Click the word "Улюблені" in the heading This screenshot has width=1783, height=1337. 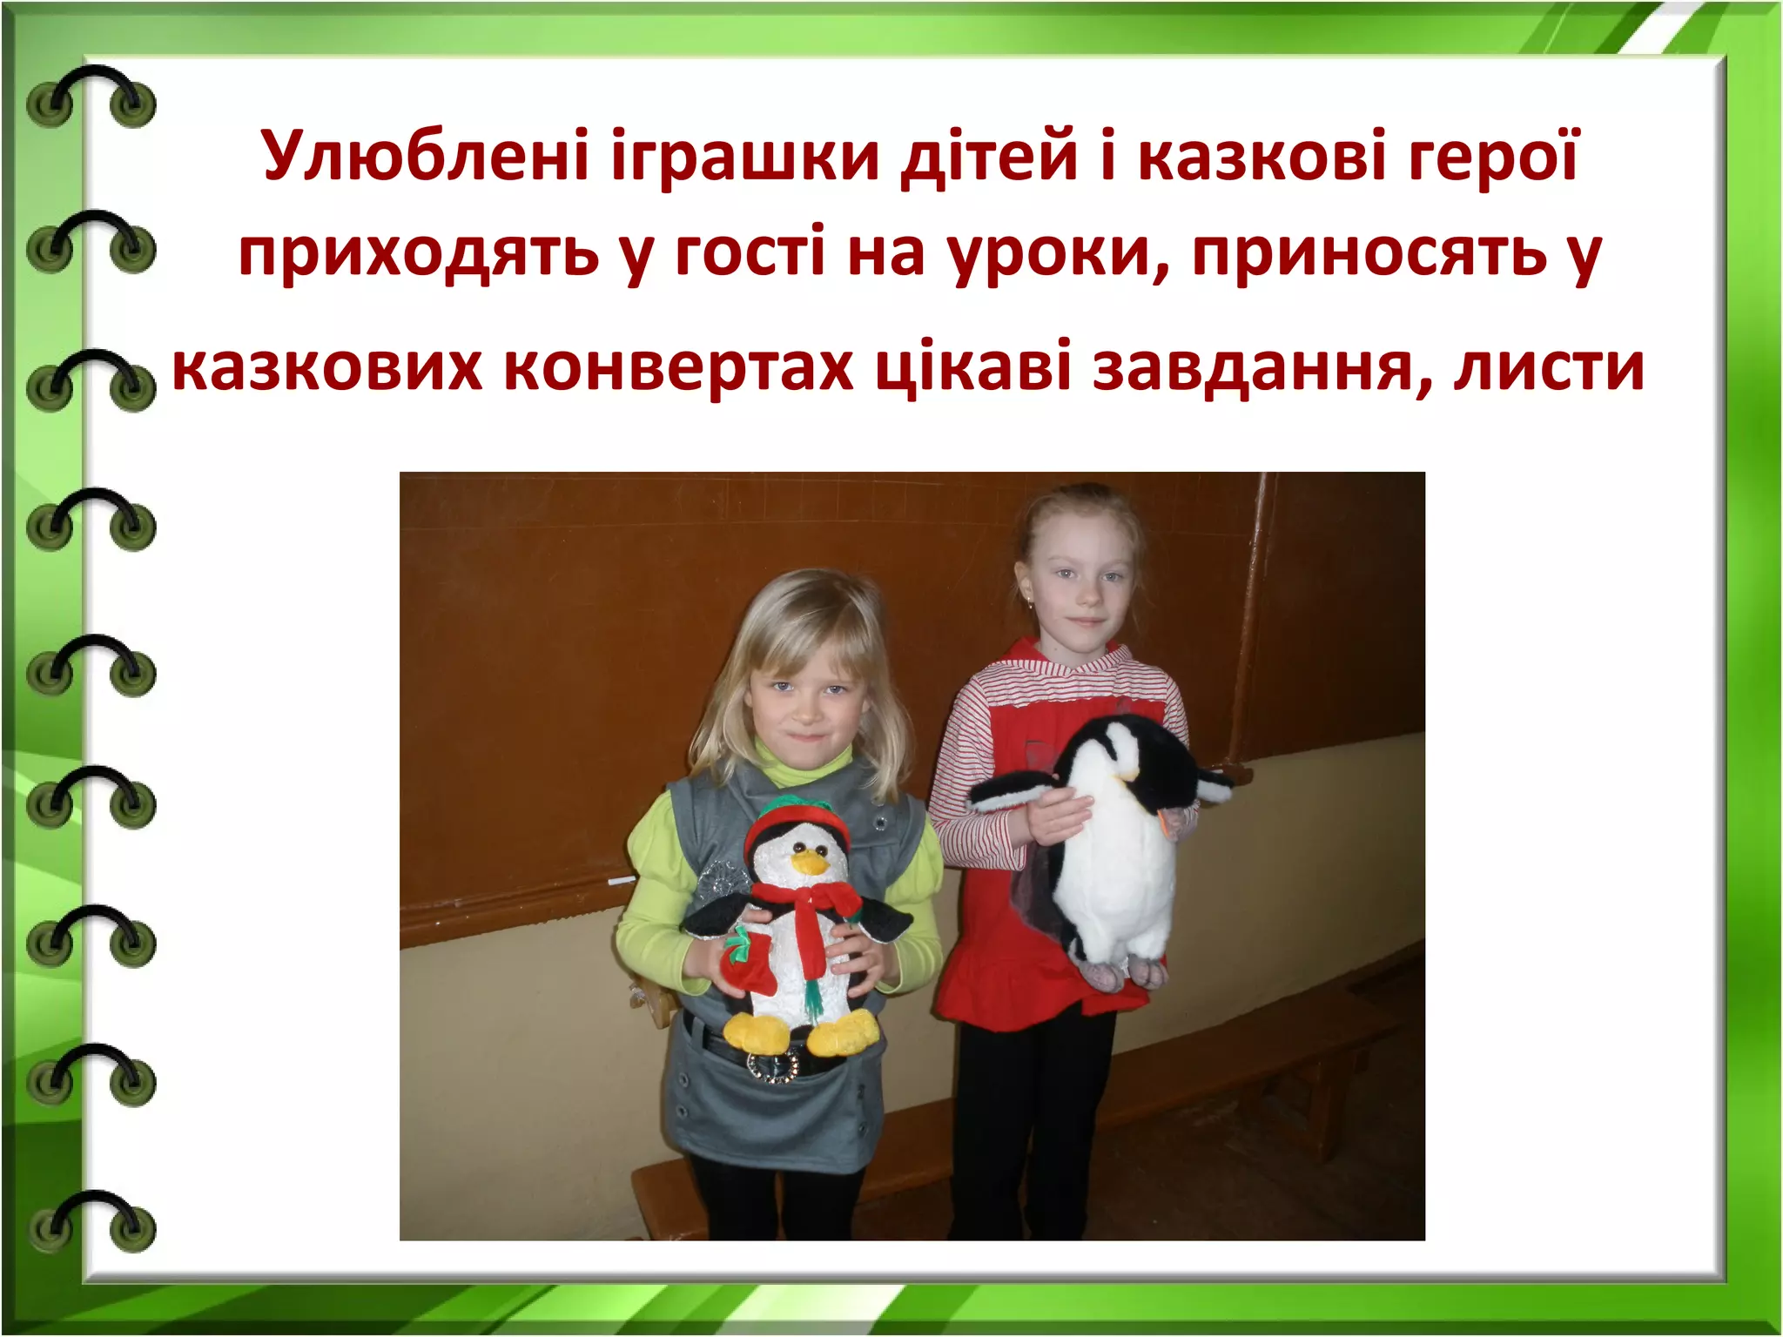tap(426, 157)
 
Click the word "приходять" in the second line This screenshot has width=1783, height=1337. tap(418, 255)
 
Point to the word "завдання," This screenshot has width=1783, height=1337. tap(1262, 368)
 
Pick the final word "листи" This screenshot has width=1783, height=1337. tap(1549, 368)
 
